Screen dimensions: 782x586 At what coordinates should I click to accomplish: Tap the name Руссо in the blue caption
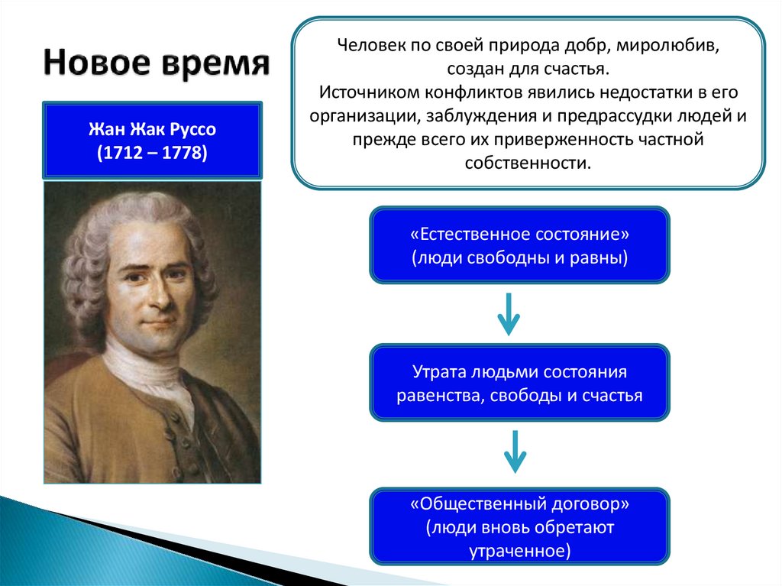[193, 129]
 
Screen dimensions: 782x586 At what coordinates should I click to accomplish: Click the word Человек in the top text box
[372, 45]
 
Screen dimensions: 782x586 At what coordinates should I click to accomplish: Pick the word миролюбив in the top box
[667, 46]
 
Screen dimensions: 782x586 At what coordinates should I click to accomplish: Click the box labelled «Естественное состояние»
[519, 245]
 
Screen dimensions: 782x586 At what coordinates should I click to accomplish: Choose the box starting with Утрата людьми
[519, 383]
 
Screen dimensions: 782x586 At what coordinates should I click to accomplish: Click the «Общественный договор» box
[519, 526]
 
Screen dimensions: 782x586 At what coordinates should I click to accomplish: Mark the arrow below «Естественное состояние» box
[509, 314]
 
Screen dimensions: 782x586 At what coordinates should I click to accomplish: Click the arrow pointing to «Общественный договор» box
[515, 452]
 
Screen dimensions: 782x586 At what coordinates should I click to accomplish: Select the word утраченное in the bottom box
[519, 551]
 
